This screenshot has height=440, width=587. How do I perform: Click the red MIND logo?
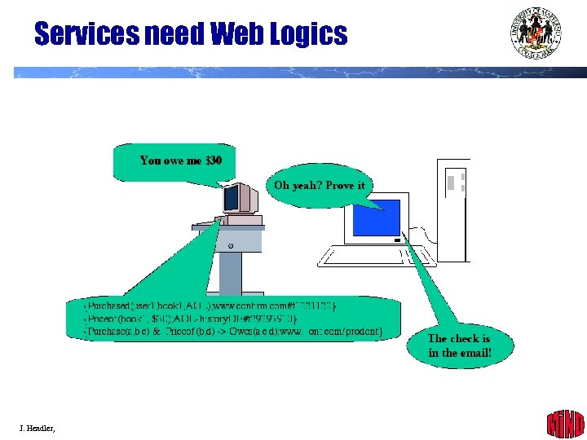pyautogui.click(x=564, y=424)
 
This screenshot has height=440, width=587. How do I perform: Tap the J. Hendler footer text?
pyautogui.click(x=38, y=427)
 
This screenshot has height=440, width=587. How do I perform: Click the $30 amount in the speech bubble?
pyautogui.click(x=214, y=161)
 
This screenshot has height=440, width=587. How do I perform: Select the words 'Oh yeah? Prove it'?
pyautogui.click(x=320, y=186)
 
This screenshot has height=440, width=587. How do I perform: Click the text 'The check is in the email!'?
pyautogui.click(x=460, y=345)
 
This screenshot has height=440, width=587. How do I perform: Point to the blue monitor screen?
pyautogui.click(x=376, y=218)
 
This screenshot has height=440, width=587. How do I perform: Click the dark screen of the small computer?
pyautogui.click(x=232, y=197)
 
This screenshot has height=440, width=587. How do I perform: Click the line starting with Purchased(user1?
pyautogui.click(x=211, y=306)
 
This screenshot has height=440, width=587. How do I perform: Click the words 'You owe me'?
pyautogui.click(x=170, y=161)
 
